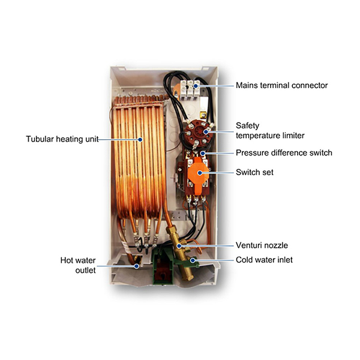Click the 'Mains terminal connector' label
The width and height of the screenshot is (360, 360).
[282, 85]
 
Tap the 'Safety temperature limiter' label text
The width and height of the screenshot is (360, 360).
[270, 130]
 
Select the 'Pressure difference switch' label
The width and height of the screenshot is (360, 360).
[284, 152]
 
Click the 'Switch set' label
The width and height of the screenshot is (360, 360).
[254, 172]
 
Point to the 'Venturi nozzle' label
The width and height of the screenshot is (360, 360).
[262, 245]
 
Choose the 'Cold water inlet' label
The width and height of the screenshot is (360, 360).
[264, 260]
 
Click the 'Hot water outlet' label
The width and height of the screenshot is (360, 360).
[78, 265]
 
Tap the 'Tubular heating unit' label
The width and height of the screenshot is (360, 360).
[62, 139]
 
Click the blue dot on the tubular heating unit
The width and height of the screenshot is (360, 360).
[140, 139]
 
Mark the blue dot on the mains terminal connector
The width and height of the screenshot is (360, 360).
[196, 86]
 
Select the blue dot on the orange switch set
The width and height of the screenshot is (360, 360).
[200, 173]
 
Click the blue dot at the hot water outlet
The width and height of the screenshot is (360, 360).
[137, 266]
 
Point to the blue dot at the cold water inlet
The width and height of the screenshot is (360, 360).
[193, 260]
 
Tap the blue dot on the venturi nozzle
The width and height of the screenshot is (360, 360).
[179, 246]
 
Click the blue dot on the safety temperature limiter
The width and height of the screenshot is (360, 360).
[206, 132]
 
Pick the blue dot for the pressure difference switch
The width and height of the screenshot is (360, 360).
[203, 153]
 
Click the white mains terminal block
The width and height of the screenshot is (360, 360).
[190, 90]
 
